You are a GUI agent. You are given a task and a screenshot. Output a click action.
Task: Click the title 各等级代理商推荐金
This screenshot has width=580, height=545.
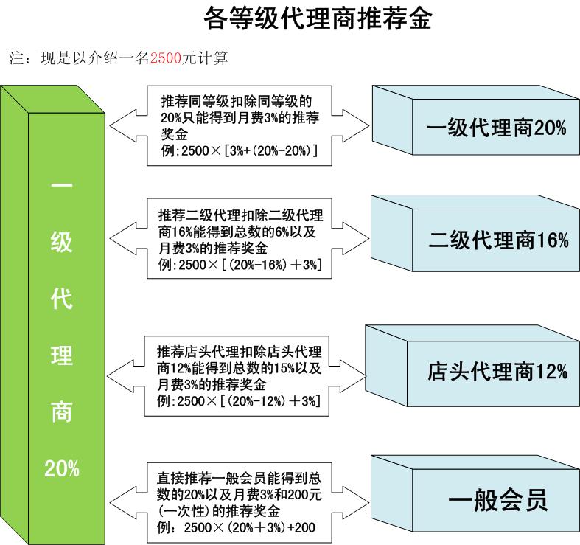pos(316,18)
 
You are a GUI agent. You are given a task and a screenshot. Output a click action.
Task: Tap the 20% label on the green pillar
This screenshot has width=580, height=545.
pos(61,468)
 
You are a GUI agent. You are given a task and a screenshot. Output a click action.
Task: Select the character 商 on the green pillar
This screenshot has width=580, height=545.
pos(61,412)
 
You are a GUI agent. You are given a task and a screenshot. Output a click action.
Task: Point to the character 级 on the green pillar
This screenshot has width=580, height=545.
pos(61,243)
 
